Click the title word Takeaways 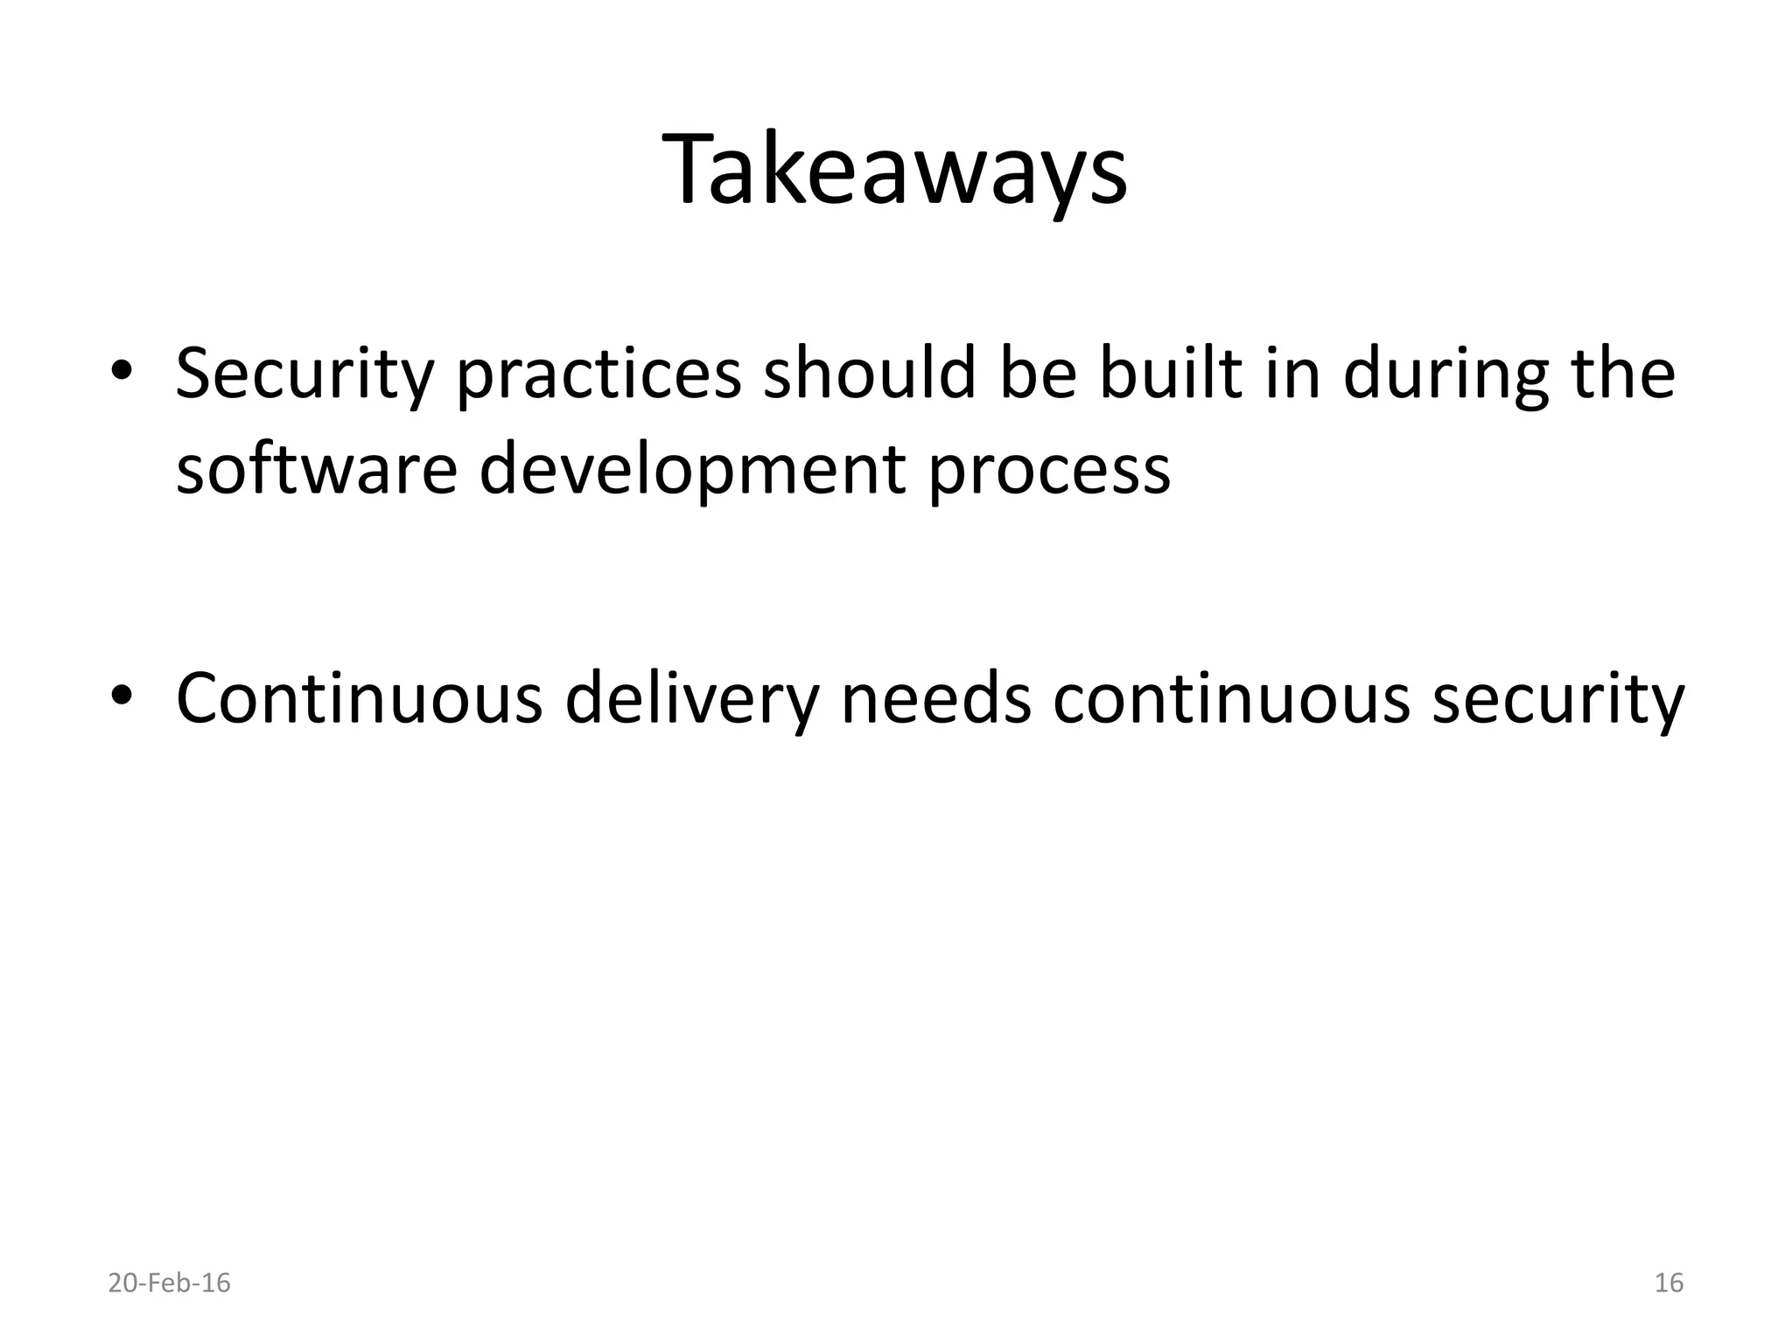[x=895, y=171]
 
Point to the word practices [x=598, y=374]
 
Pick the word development [x=691, y=470]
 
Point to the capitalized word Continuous [x=359, y=698]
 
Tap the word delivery [x=692, y=698]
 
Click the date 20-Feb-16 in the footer [x=170, y=1283]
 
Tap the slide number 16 [x=1669, y=1283]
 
